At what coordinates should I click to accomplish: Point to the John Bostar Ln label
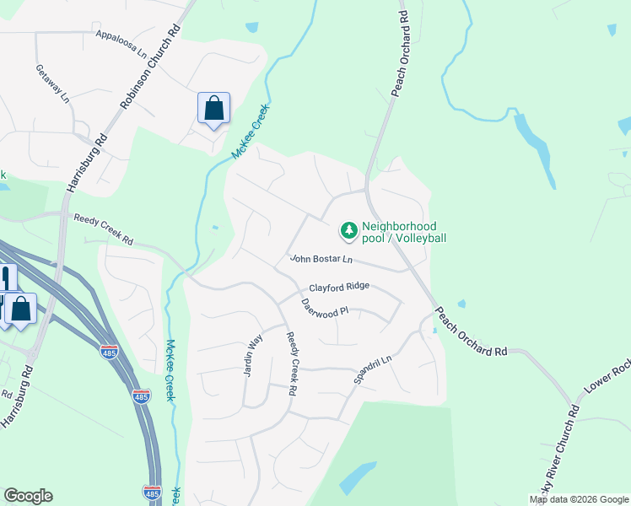[x=321, y=259]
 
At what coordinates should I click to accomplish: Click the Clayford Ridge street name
[x=338, y=287]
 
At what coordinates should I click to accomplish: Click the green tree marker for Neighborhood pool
[x=348, y=230]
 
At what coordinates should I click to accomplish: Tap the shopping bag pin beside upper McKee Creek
[x=213, y=109]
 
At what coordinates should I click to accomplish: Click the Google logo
[x=28, y=496]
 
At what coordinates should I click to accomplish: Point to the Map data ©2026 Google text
[x=579, y=499]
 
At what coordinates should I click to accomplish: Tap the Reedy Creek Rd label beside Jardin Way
[x=291, y=363]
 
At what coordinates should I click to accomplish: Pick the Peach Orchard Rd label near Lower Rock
[x=472, y=331]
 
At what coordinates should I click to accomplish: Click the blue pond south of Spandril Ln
[x=358, y=477]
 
